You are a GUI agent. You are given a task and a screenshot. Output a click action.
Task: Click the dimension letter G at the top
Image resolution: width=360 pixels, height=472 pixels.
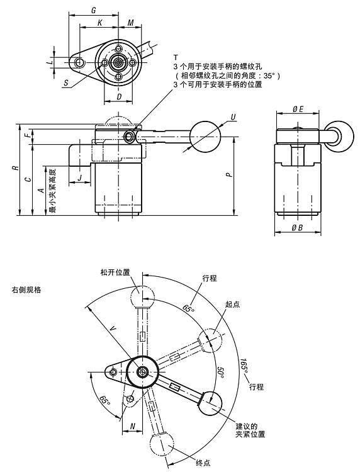[94, 10]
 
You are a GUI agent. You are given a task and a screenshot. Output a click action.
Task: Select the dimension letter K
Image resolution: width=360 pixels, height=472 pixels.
[99, 23]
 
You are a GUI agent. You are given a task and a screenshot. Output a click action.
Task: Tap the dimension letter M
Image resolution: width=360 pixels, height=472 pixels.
[130, 23]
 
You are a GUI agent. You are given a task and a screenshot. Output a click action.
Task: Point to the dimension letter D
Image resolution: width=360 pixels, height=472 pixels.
[119, 96]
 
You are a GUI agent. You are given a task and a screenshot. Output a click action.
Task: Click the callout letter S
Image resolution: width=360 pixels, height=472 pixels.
[66, 83]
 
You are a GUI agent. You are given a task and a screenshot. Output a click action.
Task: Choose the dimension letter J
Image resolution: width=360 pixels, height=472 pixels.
[79, 177]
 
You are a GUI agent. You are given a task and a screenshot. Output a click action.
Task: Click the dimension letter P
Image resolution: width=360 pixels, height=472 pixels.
[229, 174]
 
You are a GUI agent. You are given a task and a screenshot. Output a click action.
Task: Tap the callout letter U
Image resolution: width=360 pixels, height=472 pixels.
[233, 117]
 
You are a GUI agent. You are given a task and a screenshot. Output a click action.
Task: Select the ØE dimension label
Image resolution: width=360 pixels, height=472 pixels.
[298, 109]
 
